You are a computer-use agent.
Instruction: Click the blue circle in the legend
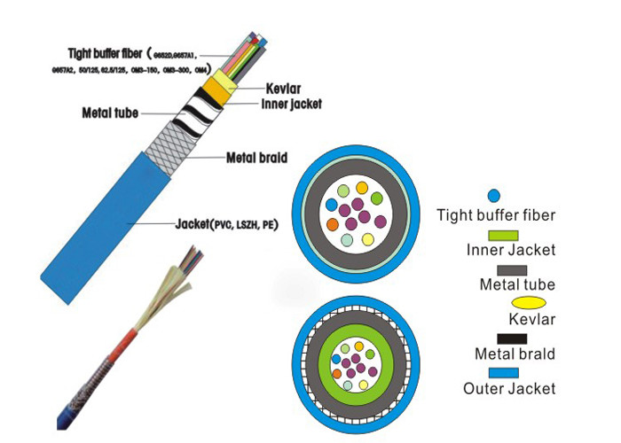point(495,195)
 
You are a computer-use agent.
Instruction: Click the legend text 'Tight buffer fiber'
point(498,214)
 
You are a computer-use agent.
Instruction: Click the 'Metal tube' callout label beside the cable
point(108,113)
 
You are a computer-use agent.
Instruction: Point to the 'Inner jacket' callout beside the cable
point(291,103)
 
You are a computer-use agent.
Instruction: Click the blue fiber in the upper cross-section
point(332,205)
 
